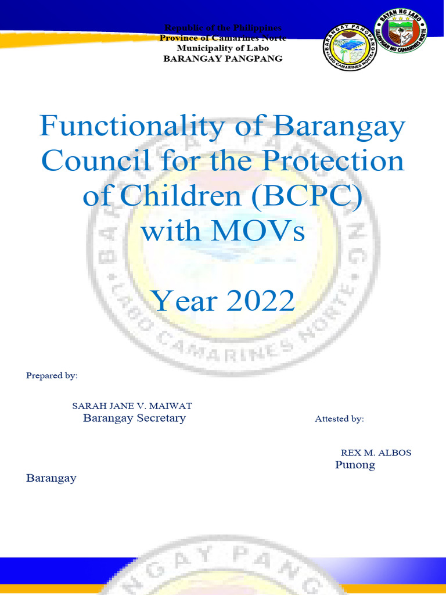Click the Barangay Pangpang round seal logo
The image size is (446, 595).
click(350, 49)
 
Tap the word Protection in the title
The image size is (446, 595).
click(333, 161)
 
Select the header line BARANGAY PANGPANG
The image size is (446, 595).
click(223, 59)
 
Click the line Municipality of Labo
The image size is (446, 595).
click(223, 48)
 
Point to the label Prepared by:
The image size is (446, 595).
click(52, 375)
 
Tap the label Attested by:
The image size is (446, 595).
click(339, 418)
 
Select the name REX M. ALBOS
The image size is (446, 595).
click(376, 452)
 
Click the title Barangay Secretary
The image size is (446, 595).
click(134, 418)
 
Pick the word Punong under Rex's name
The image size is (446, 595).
click(355, 465)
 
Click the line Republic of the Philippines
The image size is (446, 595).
click(223, 28)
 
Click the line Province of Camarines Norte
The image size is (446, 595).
click(223, 38)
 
